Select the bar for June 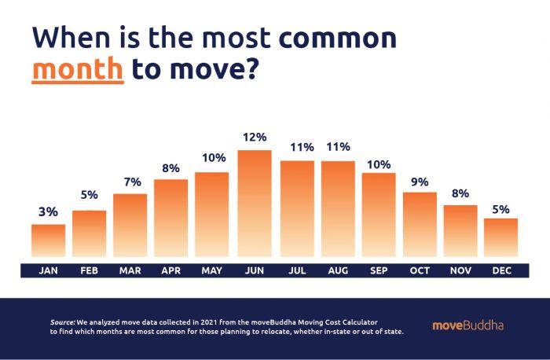pyautogui.click(x=255, y=204)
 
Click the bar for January pyautogui.click(x=48, y=241)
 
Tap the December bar pyautogui.click(x=501, y=238)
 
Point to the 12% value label pyautogui.click(x=255, y=138)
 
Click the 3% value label pyautogui.click(x=48, y=212)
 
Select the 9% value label pyautogui.click(x=420, y=182)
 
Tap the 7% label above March pyautogui.click(x=130, y=182)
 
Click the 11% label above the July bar pyautogui.click(x=296, y=148)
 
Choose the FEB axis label pyautogui.click(x=89, y=270)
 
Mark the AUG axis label pyautogui.click(x=337, y=270)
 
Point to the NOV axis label pyautogui.click(x=460, y=270)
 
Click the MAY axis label pyautogui.click(x=213, y=270)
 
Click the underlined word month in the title pyautogui.click(x=77, y=69)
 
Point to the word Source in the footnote pyautogui.click(x=62, y=322)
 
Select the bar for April pyautogui.click(x=171, y=219)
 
